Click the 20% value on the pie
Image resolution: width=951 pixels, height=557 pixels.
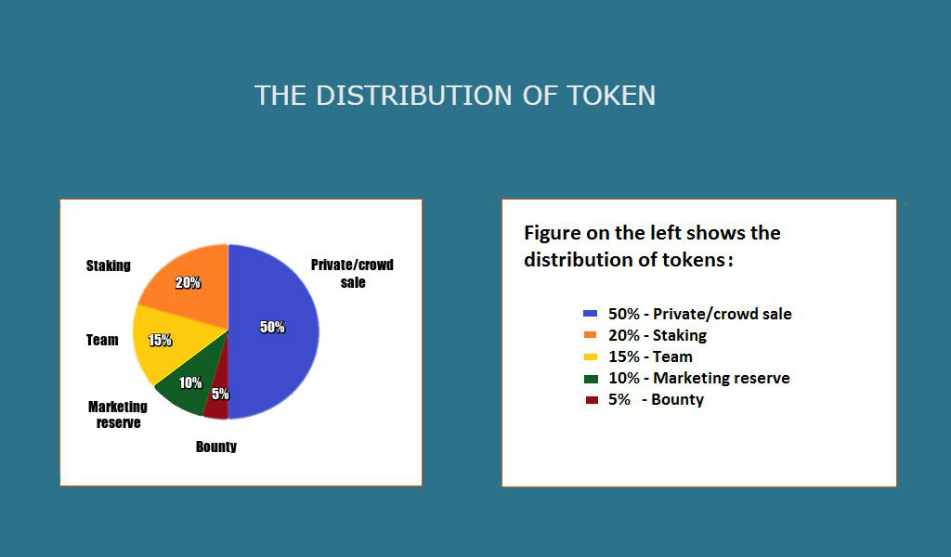coord(188,282)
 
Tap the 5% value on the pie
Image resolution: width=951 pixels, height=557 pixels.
coord(220,394)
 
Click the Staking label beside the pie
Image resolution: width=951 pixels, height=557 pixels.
coord(108,266)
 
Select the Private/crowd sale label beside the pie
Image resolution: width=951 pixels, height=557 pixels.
coord(352,273)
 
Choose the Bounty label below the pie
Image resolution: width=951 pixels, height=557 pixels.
coord(215,447)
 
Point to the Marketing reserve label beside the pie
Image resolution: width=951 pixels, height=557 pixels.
coord(118,415)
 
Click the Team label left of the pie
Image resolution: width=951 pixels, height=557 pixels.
coord(102,340)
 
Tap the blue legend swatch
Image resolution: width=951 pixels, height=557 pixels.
coord(590,314)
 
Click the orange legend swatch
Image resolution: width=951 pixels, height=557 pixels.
coord(590,334)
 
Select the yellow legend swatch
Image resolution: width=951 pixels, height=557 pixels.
coord(590,356)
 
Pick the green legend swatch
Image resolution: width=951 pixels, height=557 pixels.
coord(591,379)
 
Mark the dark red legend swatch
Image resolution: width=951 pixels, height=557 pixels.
coord(592,400)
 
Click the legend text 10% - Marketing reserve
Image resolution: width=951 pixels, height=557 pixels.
coord(699,378)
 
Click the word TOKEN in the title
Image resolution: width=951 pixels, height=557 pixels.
coord(611,96)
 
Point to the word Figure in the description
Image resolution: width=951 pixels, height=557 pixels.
coord(552,233)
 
